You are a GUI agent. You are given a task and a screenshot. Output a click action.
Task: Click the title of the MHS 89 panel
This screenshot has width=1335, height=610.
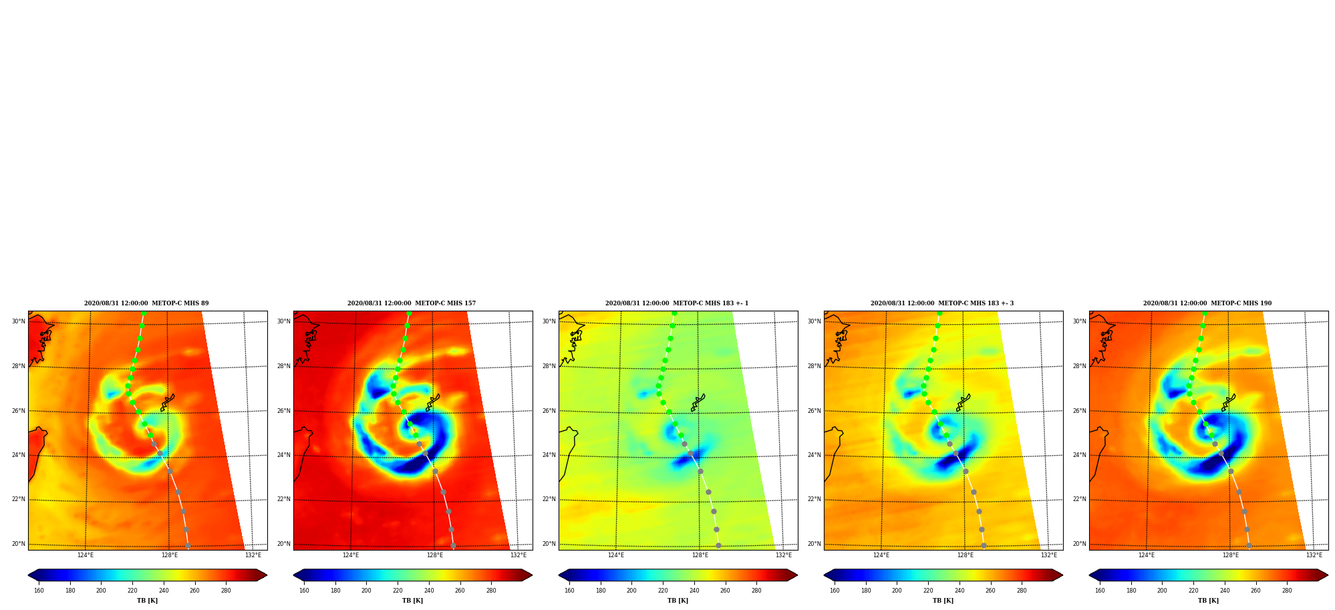[146, 303]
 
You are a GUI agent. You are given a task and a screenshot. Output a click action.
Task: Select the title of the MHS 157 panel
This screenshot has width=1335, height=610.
[412, 303]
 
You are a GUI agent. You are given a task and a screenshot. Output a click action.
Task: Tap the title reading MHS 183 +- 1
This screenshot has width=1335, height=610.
[677, 303]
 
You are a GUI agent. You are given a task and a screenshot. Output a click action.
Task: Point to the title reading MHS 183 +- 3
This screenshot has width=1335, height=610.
[942, 303]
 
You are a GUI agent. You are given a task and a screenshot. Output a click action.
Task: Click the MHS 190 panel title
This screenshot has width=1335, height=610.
[1207, 303]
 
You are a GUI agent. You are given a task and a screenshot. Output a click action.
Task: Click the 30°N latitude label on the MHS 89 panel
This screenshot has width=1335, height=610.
[18, 321]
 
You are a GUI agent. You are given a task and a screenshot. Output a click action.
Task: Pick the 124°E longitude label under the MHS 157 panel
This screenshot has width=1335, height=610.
[351, 555]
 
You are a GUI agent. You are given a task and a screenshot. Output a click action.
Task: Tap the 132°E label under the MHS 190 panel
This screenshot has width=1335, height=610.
[1314, 555]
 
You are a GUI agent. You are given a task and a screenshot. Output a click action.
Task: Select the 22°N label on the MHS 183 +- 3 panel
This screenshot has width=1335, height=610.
[814, 499]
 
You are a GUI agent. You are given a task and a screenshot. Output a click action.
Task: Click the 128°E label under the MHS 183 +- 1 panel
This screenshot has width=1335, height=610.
[700, 555]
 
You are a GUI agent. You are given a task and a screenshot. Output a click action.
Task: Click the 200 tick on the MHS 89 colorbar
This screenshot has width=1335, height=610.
[101, 591]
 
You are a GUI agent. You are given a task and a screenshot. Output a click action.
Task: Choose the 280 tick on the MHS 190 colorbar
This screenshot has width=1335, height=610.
[1287, 591]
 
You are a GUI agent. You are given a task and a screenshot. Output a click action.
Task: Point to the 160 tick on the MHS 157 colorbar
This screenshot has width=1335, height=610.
[304, 591]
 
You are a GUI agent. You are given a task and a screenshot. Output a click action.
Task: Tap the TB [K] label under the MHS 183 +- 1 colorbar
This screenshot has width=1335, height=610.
[678, 601]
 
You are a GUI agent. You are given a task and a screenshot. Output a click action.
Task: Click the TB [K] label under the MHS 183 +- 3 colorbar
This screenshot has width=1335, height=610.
[943, 601]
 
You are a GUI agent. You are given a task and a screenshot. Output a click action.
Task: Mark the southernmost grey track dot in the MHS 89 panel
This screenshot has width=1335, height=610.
[188, 546]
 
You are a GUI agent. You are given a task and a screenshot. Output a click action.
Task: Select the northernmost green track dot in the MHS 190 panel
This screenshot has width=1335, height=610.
[1205, 313]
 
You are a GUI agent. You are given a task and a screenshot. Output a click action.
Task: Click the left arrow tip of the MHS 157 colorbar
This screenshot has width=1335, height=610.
[293, 575]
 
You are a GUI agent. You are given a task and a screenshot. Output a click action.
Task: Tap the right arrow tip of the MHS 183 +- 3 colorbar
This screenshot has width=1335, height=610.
[1062, 575]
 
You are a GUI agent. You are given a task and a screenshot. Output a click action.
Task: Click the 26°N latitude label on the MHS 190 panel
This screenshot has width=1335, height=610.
[1079, 411]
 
